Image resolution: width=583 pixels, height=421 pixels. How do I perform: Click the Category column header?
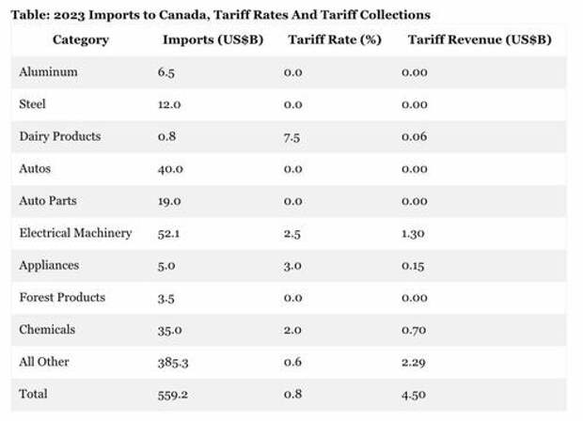pos(80,39)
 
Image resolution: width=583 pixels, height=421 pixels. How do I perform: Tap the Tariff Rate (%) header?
pos(328,39)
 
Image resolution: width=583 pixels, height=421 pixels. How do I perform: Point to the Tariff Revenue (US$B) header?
pos(479,39)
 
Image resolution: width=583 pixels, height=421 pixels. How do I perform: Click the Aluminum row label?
pos(48,72)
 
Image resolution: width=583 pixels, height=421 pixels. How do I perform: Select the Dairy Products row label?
pos(60,136)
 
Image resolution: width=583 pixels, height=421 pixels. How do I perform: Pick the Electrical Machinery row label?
pos(76,233)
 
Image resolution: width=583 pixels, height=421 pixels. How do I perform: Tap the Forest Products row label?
pos(62,298)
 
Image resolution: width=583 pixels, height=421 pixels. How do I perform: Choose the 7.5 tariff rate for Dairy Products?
pos(292,136)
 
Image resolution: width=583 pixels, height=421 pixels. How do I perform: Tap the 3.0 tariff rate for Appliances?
pos(292,266)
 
